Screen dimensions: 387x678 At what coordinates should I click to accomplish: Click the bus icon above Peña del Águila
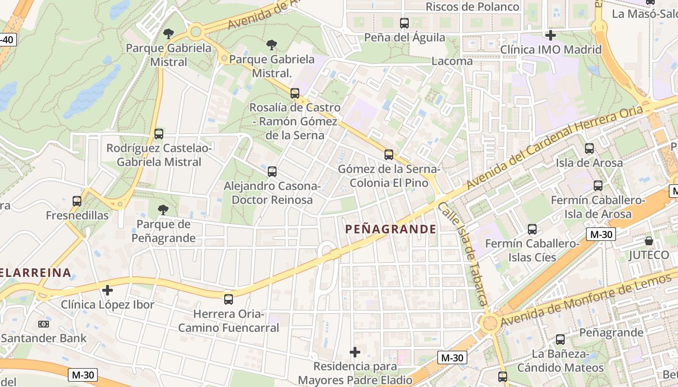[404, 23]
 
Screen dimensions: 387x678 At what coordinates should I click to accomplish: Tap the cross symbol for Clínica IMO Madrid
[550, 35]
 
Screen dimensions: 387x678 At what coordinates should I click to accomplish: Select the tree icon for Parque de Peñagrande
[163, 210]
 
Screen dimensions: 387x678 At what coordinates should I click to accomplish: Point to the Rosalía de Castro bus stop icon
[294, 93]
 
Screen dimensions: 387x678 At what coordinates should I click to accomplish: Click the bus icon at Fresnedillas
[77, 201]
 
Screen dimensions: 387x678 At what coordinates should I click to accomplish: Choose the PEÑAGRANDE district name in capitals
[390, 229]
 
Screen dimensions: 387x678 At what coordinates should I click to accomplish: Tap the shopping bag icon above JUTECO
[648, 240]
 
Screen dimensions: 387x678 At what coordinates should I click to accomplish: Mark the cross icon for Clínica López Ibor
[108, 290]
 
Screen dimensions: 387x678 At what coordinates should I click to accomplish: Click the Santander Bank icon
[44, 324]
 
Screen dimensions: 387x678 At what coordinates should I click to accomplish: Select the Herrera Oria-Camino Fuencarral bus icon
[229, 299]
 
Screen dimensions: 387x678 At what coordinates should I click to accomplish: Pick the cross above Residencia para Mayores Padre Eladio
[355, 352]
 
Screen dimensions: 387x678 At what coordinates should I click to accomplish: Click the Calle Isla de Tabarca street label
[463, 254]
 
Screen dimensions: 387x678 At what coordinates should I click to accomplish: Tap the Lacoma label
[451, 61]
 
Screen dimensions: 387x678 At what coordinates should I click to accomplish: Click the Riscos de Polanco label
[472, 7]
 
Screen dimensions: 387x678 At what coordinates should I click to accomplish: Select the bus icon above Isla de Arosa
[589, 149]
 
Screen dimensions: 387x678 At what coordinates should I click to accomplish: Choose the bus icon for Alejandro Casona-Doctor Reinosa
[272, 171]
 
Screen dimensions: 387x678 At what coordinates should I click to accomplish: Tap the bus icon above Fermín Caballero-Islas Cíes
[532, 229]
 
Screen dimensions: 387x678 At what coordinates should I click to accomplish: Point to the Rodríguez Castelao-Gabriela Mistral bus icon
[158, 134]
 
